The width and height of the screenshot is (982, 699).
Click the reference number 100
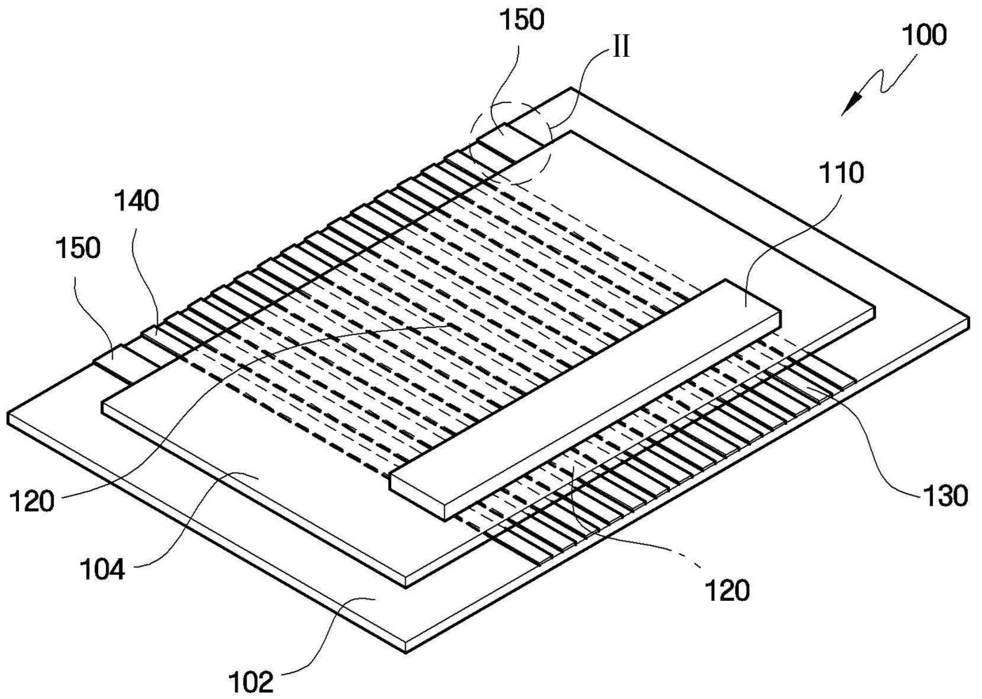(923, 36)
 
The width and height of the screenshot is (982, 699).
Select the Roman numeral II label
(619, 47)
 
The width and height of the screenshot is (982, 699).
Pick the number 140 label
(135, 201)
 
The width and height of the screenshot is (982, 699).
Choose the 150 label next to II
(520, 21)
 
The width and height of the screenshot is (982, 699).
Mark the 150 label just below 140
(78, 248)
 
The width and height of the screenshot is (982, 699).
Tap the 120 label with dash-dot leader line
(727, 591)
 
